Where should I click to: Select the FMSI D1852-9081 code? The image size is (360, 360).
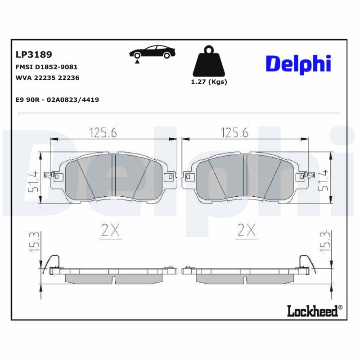(43, 67)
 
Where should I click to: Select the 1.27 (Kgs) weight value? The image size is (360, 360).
(209, 82)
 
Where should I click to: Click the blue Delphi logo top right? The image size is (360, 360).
(298, 64)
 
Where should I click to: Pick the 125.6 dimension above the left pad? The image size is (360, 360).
(103, 133)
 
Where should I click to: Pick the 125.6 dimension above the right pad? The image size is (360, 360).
(234, 133)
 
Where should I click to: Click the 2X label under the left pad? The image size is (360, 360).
(110, 231)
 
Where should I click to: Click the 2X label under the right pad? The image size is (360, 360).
(246, 231)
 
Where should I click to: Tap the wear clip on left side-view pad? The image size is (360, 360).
(54, 261)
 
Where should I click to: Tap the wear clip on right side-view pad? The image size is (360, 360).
(305, 261)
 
